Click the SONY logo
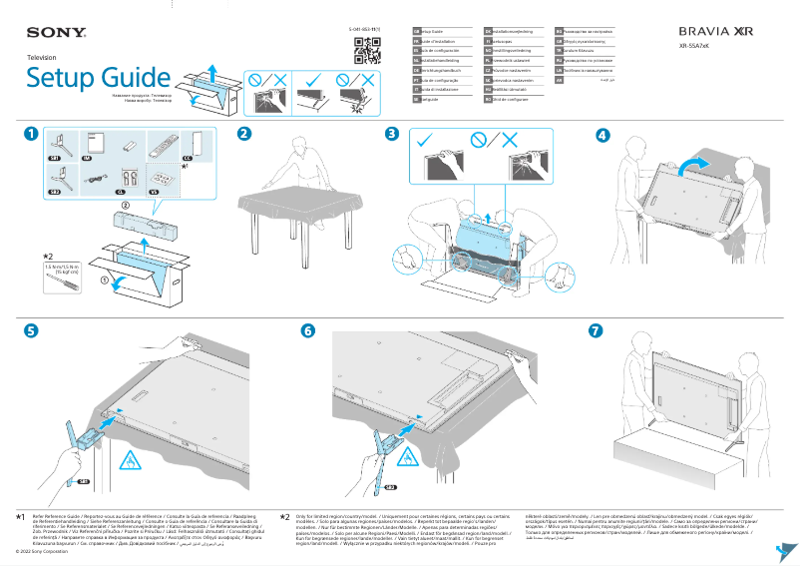(x=55, y=33)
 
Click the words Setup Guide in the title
(x=98, y=78)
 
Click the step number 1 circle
(x=33, y=134)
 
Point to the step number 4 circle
(x=602, y=134)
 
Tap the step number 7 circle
(x=596, y=330)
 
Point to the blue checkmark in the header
(x=314, y=77)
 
